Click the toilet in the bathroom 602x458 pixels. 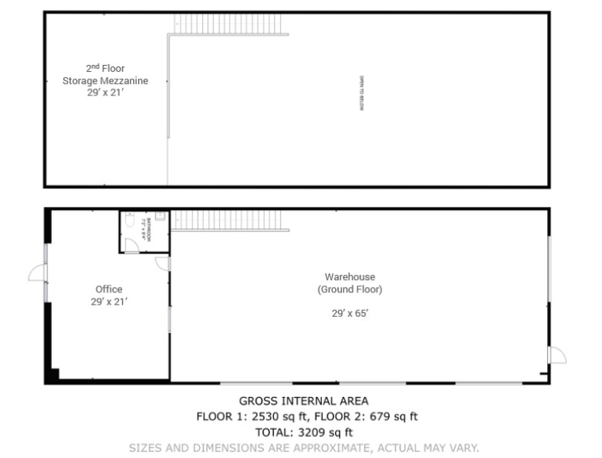(130, 219)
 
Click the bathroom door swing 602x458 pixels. (132, 244)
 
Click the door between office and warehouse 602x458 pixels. (162, 263)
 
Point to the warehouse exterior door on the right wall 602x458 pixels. (558, 354)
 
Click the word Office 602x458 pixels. (108, 289)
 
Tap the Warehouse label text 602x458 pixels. (349, 277)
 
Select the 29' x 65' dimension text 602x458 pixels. (349, 313)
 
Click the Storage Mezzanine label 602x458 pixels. (105, 80)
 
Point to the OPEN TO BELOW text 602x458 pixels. (363, 94)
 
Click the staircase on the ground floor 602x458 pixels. (230, 220)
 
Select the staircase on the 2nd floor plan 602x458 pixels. (230, 24)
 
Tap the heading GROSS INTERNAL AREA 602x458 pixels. (304, 401)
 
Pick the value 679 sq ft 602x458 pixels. (390, 416)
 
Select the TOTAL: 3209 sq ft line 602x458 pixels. (304, 432)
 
